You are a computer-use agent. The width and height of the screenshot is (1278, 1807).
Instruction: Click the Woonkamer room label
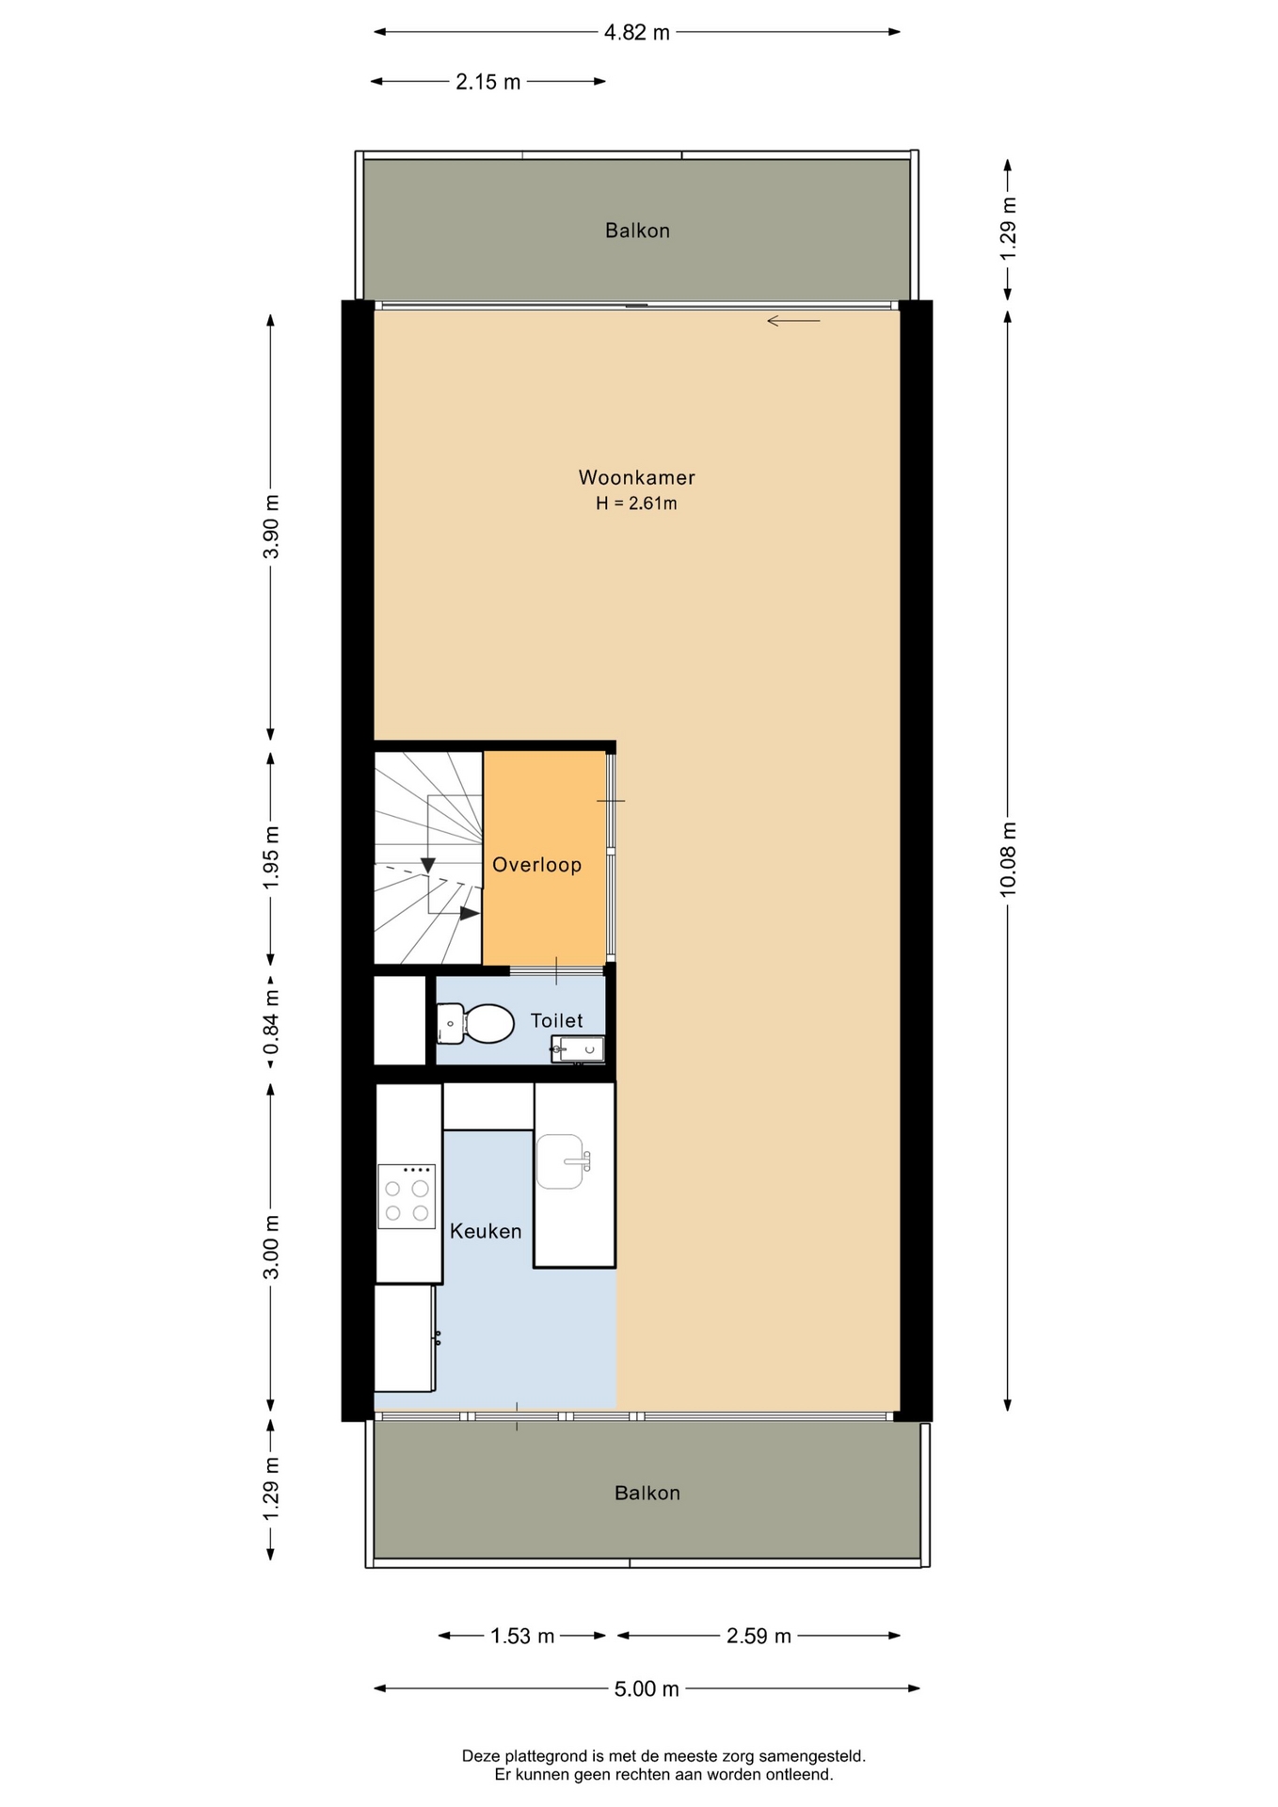pyautogui.click(x=637, y=477)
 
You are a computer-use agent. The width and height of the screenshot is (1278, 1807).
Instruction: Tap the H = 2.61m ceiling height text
pyautogui.click(x=636, y=504)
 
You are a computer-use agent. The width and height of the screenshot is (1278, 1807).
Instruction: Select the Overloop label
pyautogui.click(x=537, y=865)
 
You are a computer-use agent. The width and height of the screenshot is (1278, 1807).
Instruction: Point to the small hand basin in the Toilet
pyautogui.click(x=578, y=1048)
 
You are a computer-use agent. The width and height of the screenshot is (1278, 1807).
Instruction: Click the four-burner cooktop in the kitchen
pyautogui.click(x=407, y=1196)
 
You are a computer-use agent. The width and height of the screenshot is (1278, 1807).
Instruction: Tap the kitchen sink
pyautogui.click(x=563, y=1161)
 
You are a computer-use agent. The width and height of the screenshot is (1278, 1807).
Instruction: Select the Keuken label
pyautogui.click(x=486, y=1231)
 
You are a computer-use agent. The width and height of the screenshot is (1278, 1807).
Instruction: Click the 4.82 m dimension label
pyautogui.click(x=637, y=33)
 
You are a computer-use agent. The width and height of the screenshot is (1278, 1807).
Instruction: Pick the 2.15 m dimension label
pyautogui.click(x=488, y=82)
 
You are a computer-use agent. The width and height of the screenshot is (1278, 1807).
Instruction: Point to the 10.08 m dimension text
pyautogui.click(x=1009, y=859)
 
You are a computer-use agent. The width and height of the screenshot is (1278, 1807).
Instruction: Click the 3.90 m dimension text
pyautogui.click(x=271, y=526)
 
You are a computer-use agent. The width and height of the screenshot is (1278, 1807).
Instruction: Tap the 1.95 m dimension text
pyautogui.click(x=271, y=857)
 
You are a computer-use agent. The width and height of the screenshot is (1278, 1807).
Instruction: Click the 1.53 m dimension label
pyautogui.click(x=522, y=1637)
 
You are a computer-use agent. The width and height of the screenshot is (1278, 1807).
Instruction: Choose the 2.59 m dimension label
pyautogui.click(x=759, y=1637)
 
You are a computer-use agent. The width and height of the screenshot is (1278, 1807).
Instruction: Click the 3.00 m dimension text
pyautogui.click(x=271, y=1247)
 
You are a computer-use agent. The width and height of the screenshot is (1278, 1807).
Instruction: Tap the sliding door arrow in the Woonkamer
pyautogui.click(x=793, y=321)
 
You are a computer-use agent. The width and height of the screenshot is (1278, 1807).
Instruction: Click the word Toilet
pyautogui.click(x=557, y=1020)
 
